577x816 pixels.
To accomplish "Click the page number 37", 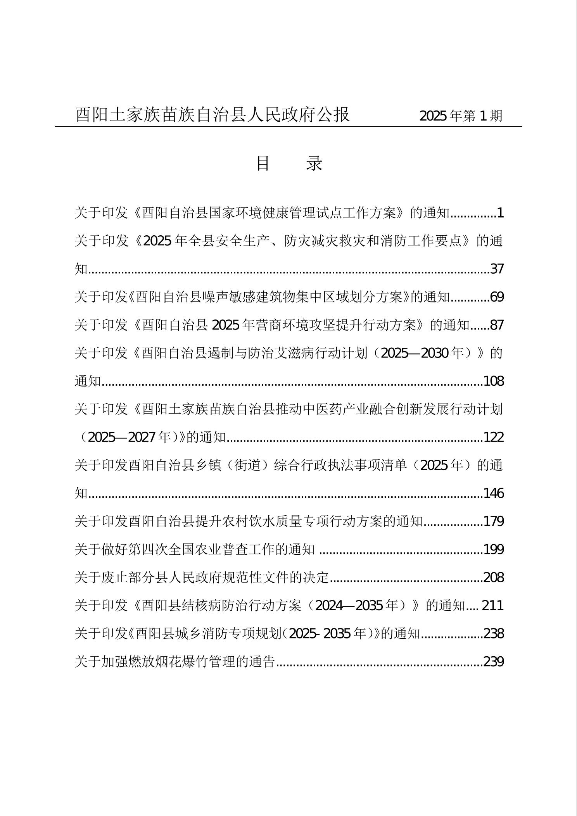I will point(497,269).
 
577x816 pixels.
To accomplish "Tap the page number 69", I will point(497,297).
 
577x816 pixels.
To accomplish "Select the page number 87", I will point(497,325).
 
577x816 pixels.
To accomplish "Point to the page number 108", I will point(494,381).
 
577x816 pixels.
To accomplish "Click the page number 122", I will point(494,437).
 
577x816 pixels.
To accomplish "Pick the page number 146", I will point(494,493).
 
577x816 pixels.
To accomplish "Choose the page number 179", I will point(494,521).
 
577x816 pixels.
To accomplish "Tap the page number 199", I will point(494,549).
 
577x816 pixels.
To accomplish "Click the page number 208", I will point(494,578).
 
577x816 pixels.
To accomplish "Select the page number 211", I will point(493,606).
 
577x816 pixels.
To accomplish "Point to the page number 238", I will point(494,634).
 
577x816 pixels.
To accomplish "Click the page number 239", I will point(494,662).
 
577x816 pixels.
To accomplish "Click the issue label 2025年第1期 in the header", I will point(461,116).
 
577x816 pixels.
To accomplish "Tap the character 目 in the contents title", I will point(263,164).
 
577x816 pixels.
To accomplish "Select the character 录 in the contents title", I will point(314,164).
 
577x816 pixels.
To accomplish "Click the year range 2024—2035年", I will point(362,606).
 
